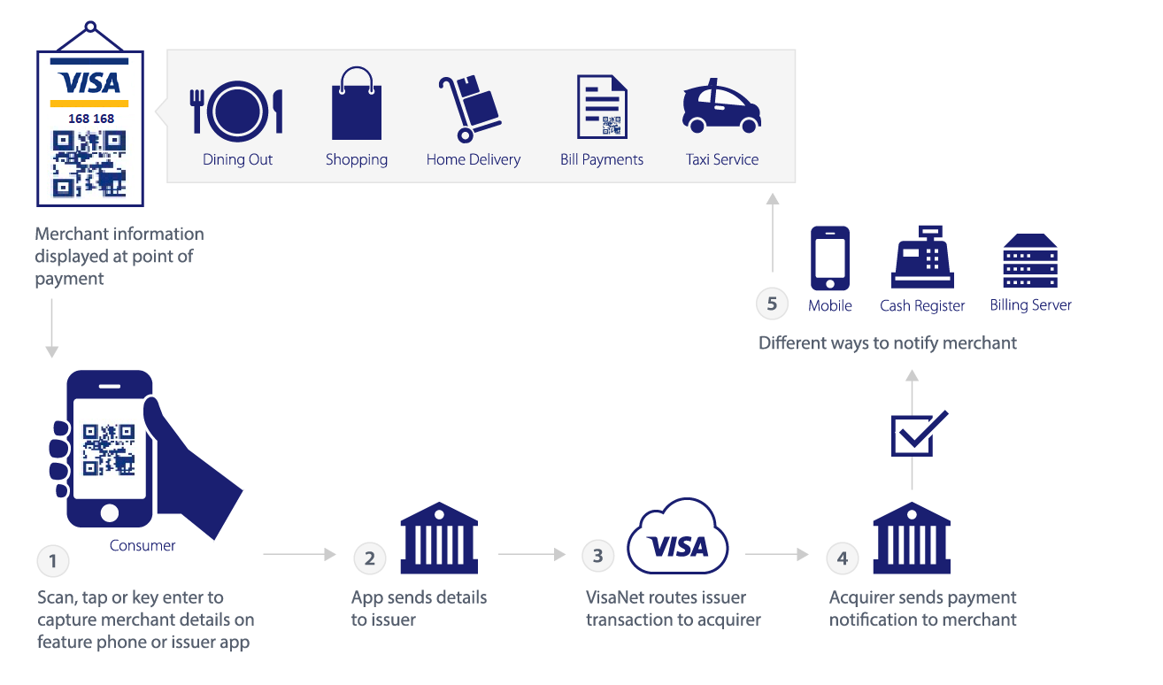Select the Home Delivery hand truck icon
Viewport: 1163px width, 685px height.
pos(468,109)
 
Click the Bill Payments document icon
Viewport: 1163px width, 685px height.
pos(602,107)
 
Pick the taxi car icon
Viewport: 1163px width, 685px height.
pos(721,106)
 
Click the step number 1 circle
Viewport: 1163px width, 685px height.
pos(53,560)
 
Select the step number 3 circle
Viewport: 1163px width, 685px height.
pos(598,556)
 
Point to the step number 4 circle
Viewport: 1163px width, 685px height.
pos(843,558)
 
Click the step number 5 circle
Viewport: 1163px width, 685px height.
pos(772,304)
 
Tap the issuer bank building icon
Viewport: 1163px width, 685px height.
pos(439,538)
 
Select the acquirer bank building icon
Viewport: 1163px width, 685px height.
pos(912,538)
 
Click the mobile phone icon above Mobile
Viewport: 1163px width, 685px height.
pos(830,258)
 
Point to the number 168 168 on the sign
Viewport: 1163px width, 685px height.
pos(91,119)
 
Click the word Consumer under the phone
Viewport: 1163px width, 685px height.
pos(142,546)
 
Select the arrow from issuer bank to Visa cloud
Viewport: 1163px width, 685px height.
pos(531,555)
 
